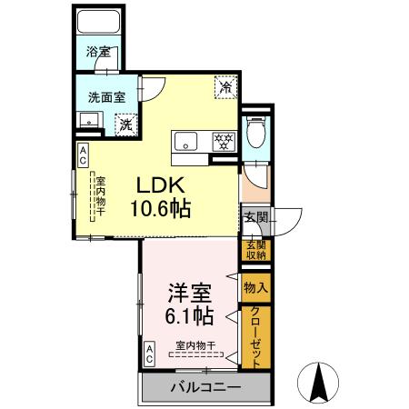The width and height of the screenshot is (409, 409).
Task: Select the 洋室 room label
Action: pos(190,293)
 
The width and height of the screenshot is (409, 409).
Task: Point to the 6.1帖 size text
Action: pos(190,317)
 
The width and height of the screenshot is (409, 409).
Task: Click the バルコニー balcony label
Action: pos(205,387)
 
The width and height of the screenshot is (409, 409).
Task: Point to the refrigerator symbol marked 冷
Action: pos(225,89)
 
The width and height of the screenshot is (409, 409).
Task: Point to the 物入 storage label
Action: pos(254,287)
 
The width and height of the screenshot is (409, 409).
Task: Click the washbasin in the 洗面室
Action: pos(88,119)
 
